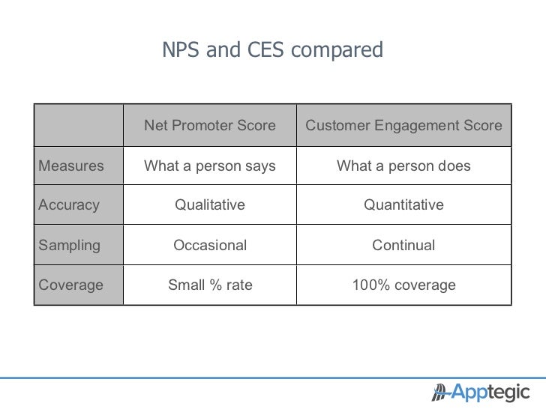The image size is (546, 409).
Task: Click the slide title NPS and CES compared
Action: tap(272, 49)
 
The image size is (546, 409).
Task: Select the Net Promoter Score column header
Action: tap(209, 126)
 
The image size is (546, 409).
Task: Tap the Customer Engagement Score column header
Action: tap(403, 126)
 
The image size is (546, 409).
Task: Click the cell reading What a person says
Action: tap(209, 166)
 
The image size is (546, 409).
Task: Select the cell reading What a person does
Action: tap(403, 166)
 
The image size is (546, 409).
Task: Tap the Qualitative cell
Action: tap(209, 204)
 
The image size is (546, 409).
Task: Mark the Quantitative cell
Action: tap(403, 204)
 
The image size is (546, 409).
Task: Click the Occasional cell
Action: tap(209, 245)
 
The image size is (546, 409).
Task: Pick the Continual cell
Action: tap(403, 245)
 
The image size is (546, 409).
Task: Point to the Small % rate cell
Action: tap(209, 285)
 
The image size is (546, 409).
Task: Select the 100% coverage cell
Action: tap(403, 285)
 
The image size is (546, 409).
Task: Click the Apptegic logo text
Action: tap(492, 392)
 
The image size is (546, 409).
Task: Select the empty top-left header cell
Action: tap(78, 126)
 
